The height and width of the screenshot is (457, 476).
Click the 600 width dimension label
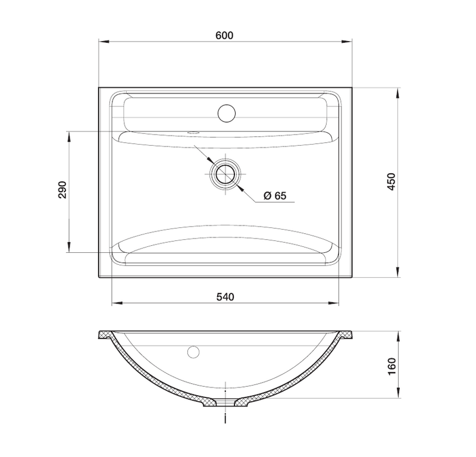(x=224, y=36)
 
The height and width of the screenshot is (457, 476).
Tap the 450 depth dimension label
(x=392, y=181)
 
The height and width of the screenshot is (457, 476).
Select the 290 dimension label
(x=62, y=190)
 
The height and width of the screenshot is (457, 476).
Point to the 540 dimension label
(x=226, y=297)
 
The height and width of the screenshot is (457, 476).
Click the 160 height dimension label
(x=392, y=366)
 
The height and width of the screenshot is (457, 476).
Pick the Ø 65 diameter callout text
(x=275, y=196)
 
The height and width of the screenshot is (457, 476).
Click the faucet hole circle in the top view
(x=227, y=113)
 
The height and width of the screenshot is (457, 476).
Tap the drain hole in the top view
(x=226, y=174)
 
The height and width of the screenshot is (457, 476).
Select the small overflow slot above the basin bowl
(x=193, y=133)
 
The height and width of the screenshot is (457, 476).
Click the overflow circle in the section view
(x=193, y=352)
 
